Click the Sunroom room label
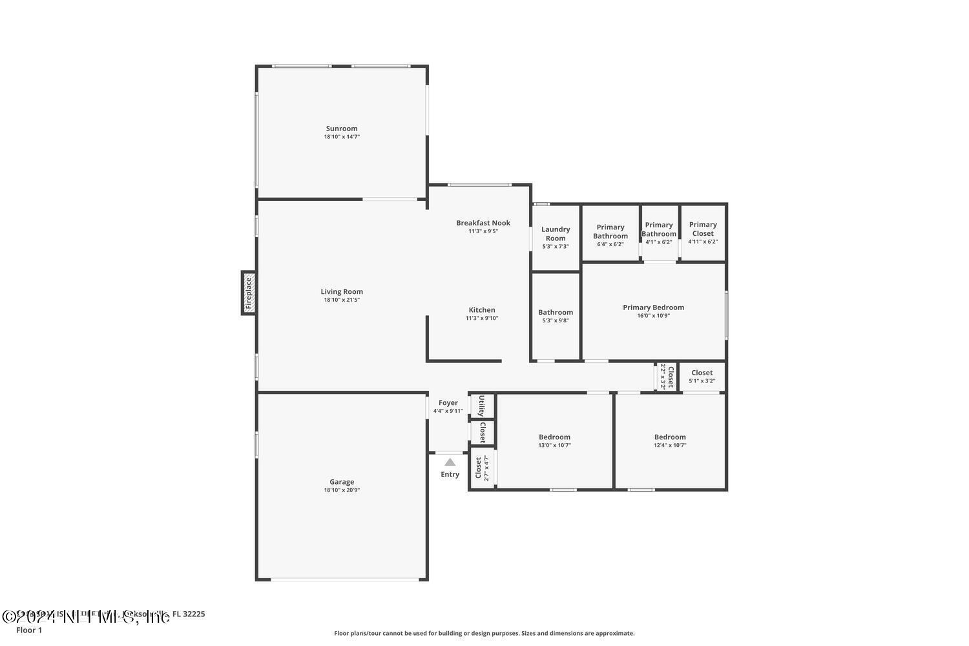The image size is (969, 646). point(341,129)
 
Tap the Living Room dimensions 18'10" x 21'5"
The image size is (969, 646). point(341,300)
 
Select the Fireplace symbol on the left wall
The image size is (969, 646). point(249,293)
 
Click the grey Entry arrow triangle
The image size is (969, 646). point(450,462)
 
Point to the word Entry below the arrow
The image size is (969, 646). point(450,474)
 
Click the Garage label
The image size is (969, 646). point(341,482)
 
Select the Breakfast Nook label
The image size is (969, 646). point(483,223)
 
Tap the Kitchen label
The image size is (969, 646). point(482,310)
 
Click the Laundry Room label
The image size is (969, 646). point(556,233)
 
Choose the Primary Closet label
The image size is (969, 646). point(702,229)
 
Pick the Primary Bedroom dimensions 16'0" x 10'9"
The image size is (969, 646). point(653,316)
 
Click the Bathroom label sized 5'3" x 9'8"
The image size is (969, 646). point(556,313)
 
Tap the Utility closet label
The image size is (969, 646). point(482,406)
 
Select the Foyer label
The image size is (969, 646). point(448,403)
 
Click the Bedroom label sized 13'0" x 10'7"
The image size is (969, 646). point(554,437)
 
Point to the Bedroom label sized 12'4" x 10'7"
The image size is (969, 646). point(670,437)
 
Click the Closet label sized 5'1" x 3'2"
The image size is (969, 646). point(702,373)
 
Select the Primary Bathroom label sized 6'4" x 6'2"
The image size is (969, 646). point(610,231)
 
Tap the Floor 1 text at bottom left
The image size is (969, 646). point(29,630)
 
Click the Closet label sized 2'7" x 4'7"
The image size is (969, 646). point(479,468)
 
